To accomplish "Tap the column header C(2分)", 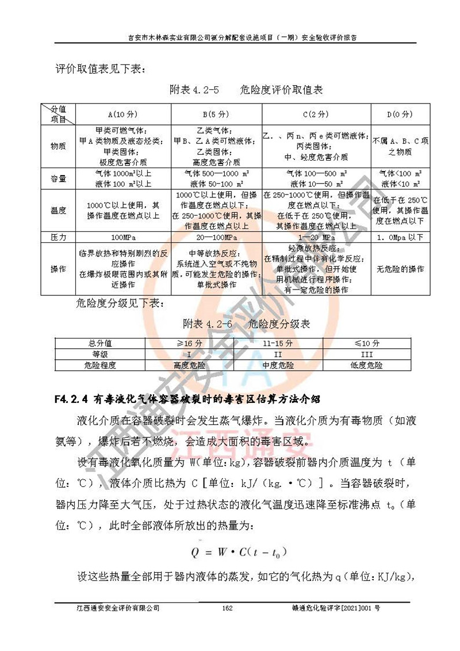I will click(x=315, y=114).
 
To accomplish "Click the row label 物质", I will click(x=58, y=146).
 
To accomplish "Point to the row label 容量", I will click(x=58, y=178).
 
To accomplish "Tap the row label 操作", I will click(x=58, y=269).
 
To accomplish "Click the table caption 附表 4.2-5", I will click(x=195, y=90).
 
